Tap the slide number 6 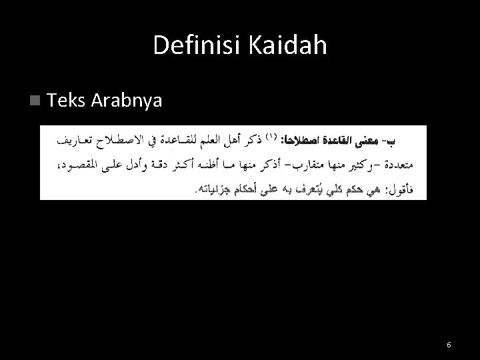tap(449, 344)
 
